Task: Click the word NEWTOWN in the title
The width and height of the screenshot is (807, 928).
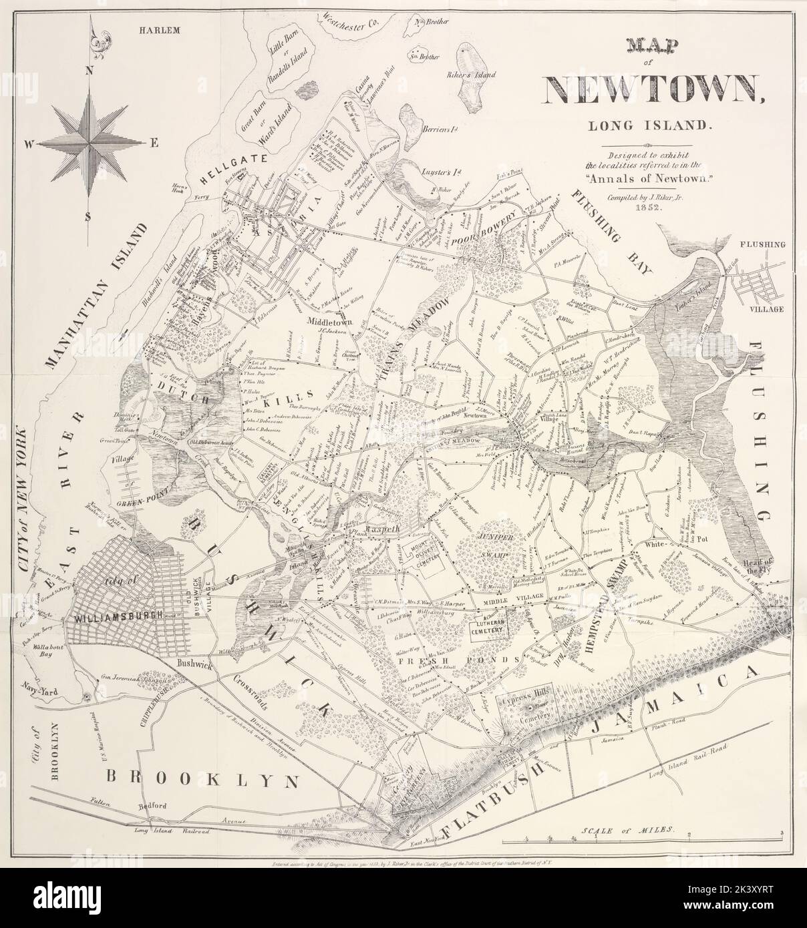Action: click(655, 89)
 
